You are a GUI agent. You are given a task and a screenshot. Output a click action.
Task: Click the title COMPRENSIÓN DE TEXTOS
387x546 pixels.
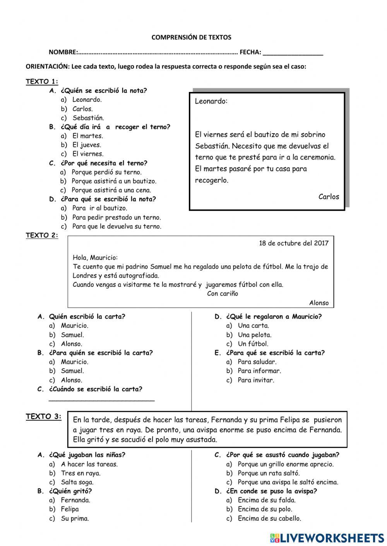191,37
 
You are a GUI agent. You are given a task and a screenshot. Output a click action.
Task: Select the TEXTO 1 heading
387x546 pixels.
42,82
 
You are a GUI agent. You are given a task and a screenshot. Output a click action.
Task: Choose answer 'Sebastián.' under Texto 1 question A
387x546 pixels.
88,118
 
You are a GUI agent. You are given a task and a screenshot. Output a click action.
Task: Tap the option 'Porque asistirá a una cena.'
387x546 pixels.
111,190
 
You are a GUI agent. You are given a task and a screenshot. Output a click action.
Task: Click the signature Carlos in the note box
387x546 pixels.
329,197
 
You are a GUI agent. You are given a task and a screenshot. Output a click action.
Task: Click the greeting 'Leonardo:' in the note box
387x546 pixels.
211,101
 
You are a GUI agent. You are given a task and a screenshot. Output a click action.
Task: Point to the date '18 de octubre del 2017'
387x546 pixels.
293,243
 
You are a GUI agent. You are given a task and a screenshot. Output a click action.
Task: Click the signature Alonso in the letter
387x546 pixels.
319,303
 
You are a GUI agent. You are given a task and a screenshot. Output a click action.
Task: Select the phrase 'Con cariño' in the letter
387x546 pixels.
223,294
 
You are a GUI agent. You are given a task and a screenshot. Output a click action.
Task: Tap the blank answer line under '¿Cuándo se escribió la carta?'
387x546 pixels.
102,400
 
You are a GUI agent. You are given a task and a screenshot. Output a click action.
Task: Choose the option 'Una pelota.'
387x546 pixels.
254,335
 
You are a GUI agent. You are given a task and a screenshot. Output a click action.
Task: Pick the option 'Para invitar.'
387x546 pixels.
255,380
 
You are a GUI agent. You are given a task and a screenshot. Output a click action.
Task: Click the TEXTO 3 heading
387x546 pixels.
43,417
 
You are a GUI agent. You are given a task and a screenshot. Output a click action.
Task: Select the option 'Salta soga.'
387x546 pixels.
77,482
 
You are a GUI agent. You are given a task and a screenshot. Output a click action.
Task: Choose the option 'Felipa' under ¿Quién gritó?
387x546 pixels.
70,509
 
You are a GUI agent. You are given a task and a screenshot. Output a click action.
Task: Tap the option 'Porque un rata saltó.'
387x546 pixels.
268,473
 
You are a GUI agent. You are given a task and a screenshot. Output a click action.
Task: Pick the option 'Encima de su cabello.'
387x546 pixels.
269,519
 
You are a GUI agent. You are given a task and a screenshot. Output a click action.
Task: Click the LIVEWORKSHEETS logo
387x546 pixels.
327,537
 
